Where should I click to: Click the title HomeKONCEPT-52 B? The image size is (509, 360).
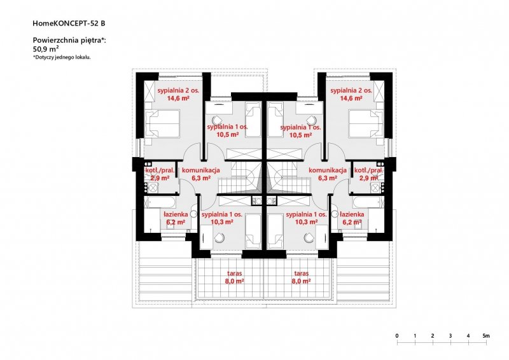(x=69, y=24)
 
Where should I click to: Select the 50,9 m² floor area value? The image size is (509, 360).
(x=46, y=49)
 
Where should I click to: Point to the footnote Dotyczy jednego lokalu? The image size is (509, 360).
(x=62, y=57)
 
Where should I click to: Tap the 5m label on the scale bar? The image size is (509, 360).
(x=485, y=336)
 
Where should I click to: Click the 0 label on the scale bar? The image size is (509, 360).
(x=397, y=336)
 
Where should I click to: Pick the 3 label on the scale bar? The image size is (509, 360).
(x=450, y=336)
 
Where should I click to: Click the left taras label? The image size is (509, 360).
(x=235, y=273)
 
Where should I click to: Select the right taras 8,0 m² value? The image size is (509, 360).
(x=301, y=281)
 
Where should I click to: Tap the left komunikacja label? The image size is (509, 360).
(x=201, y=170)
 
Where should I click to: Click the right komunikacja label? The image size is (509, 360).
(x=328, y=170)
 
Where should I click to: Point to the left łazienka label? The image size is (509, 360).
(x=176, y=214)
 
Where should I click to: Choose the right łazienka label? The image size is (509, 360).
(x=352, y=214)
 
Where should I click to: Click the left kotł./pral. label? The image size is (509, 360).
(x=160, y=170)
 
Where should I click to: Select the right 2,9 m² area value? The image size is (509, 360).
(x=369, y=178)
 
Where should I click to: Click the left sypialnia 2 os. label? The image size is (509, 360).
(x=178, y=90)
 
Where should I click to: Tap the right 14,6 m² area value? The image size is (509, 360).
(x=351, y=98)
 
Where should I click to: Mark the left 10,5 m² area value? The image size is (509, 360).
(x=228, y=134)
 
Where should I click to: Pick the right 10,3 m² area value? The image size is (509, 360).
(x=306, y=222)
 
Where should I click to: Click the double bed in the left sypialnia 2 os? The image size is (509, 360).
(x=162, y=124)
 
